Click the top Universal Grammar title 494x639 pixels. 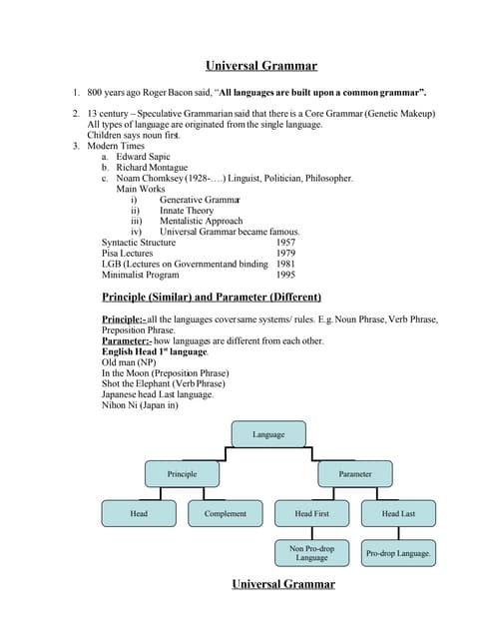coord(261,66)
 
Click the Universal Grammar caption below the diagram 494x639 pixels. coord(283,584)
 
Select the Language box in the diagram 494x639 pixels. coord(268,434)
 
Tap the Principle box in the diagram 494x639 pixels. coord(182,473)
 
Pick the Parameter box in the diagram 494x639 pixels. coord(354,473)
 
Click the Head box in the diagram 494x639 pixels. coord(139,513)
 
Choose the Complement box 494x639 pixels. coord(226,513)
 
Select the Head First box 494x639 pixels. coord(311,513)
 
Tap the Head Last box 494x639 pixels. coord(398,513)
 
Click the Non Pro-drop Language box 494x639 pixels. coord(311,552)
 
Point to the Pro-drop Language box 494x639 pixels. coord(398,552)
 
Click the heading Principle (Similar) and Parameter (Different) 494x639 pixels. coord(212,297)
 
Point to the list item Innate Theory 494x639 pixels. coord(187,211)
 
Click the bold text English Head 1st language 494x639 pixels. coord(156,351)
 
